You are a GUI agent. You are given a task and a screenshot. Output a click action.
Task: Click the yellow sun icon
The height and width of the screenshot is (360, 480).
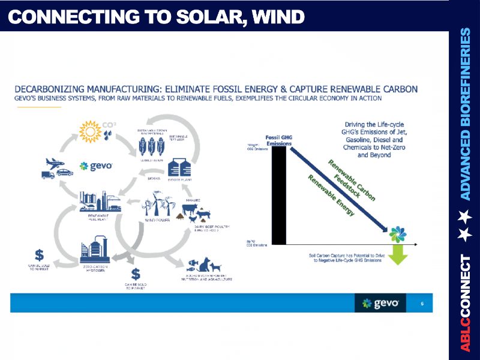(91, 131)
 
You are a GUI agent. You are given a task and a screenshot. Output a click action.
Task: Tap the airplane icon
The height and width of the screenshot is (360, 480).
(55, 163)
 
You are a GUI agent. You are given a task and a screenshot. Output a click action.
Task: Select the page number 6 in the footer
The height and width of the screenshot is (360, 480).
(422, 304)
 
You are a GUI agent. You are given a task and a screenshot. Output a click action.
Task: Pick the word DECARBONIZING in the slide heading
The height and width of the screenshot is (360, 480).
(55, 89)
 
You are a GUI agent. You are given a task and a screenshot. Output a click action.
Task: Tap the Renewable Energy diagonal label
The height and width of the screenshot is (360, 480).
(331, 195)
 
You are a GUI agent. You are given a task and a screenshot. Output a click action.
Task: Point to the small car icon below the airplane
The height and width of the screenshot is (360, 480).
(64, 172)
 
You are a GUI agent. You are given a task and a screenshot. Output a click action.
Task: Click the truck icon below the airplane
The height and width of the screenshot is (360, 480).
(48, 175)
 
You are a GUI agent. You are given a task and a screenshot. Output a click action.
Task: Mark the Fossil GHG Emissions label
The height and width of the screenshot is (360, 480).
(278, 140)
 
